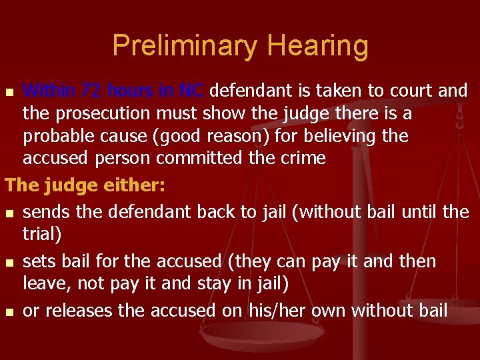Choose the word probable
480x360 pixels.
[x=64, y=137]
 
